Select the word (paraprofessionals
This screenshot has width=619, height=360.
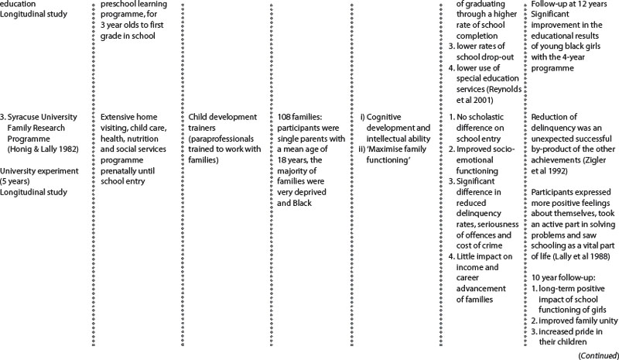click(226, 128)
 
